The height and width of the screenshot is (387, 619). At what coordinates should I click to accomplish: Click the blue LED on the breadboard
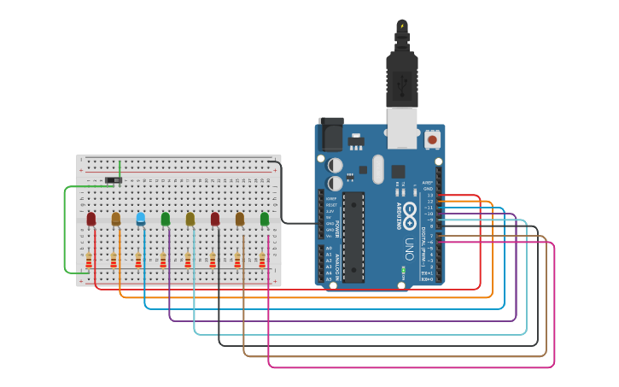pyautogui.click(x=141, y=219)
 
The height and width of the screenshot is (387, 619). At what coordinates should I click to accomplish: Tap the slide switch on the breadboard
pyautogui.click(x=113, y=180)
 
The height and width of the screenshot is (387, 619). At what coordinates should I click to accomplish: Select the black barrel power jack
pyautogui.click(x=330, y=135)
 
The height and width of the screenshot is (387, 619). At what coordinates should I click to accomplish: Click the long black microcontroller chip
pyautogui.click(x=353, y=237)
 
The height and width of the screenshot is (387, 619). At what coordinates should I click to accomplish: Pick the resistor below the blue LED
pyautogui.click(x=138, y=260)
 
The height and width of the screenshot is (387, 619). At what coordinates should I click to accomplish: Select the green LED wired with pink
pyautogui.click(x=265, y=219)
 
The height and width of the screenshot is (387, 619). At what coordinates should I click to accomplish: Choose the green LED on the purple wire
pyautogui.click(x=166, y=219)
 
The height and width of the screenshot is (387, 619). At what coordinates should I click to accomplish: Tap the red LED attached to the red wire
pyautogui.click(x=91, y=219)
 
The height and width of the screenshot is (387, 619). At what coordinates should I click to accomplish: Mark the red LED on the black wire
pyautogui.click(x=215, y=219)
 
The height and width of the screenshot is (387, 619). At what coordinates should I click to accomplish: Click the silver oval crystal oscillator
pyautogui.click(x=378, y=168)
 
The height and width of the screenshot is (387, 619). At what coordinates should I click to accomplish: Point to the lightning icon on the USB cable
pyautogui.click(x=401, y=26)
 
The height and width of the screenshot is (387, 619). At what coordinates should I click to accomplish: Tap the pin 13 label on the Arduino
pyautogui.click(x=430, y=196)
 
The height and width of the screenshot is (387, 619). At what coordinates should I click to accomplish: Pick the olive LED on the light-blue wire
pyautogui.click(x=190, y=219)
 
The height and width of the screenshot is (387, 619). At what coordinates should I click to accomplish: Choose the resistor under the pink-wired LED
pyautogui.click(x=262, y=260)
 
